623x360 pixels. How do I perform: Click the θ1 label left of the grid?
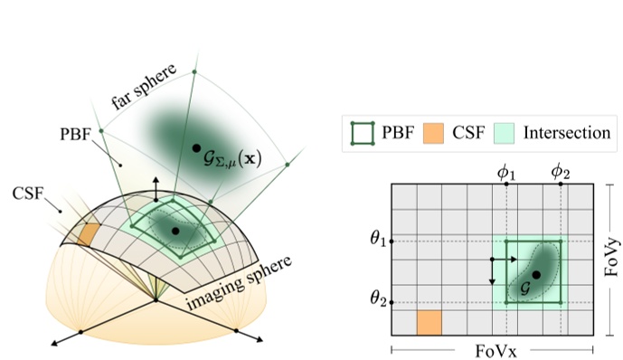point(377,241)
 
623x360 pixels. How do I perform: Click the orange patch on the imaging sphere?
point(88,233)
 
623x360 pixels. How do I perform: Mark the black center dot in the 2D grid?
point(537,274)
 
